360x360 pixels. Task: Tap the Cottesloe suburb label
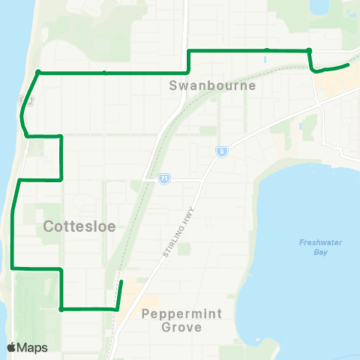click(78, 226)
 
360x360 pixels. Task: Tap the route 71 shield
click(163, 180)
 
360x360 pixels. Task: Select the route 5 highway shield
click(222, 152)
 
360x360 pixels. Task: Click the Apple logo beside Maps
click(12, 347)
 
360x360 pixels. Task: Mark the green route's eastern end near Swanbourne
click(349, 65)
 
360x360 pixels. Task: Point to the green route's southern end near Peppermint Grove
click(121, 281)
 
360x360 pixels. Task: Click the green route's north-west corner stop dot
click(37, 73)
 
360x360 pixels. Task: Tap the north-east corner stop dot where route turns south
click(309, 50)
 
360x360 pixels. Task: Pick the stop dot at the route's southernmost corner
click(61, 308)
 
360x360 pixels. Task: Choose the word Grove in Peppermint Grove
click(181, 327)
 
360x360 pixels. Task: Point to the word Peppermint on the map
click(182, 313)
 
